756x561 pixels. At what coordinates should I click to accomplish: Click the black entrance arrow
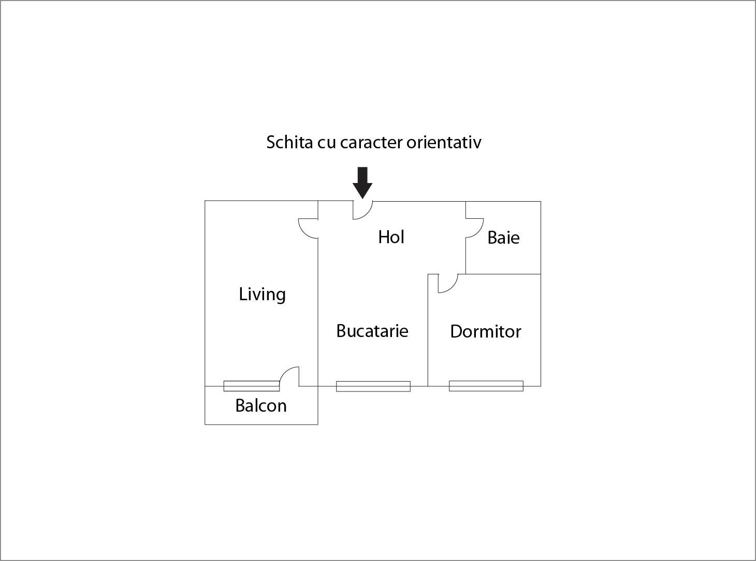[362, 183]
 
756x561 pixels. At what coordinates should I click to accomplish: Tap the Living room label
[262, 294]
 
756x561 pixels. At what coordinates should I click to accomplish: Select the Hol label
[391, 237]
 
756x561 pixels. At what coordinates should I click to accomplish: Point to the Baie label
[503, 237]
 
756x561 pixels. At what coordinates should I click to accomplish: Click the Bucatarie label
[372, 330]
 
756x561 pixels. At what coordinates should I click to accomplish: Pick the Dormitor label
[486, 331]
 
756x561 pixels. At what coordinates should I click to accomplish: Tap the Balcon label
[261, 405]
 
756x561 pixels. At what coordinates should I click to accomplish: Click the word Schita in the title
[289, 142]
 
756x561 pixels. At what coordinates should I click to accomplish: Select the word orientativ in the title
[444, 142]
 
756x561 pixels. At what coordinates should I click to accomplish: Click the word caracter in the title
[371, 143]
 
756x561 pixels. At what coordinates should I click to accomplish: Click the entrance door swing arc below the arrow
[367, 214]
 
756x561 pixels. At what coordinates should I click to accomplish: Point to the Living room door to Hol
[305, 232]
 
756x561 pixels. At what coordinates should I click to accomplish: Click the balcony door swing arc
[286, 372]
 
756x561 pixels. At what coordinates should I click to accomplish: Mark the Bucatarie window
[373, 386]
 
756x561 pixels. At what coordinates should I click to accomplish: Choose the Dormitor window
[486, 386]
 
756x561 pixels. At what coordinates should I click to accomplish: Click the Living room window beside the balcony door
[252, 386]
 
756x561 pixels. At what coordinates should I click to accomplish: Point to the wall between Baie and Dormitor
[503, 274]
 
